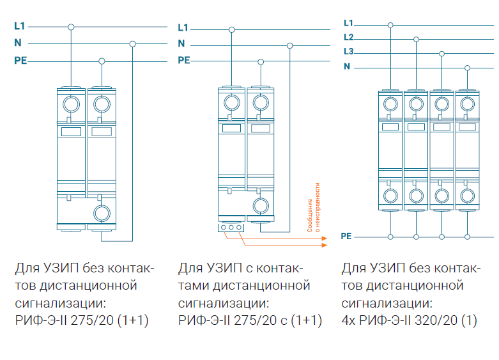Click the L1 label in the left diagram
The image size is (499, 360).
coord(19,27)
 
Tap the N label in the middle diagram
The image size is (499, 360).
coord(181,44)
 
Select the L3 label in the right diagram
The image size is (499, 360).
coord(348,52)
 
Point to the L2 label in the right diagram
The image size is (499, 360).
coord(348,38)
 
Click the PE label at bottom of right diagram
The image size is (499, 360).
coord(346,237)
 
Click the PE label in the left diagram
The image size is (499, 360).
coord(20,61)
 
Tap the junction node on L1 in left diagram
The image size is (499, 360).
coord(71,27)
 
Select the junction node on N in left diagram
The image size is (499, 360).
coord(132,43)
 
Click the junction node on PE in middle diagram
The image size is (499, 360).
coord(260,61)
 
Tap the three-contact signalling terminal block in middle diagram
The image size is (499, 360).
coord(231,227)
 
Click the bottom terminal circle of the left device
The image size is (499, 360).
coord(102,213)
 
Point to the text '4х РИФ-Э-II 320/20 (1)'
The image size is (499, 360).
coord(410,320)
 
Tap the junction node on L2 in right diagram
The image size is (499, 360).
coord(416,39)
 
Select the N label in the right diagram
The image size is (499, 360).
coord(347,67)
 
